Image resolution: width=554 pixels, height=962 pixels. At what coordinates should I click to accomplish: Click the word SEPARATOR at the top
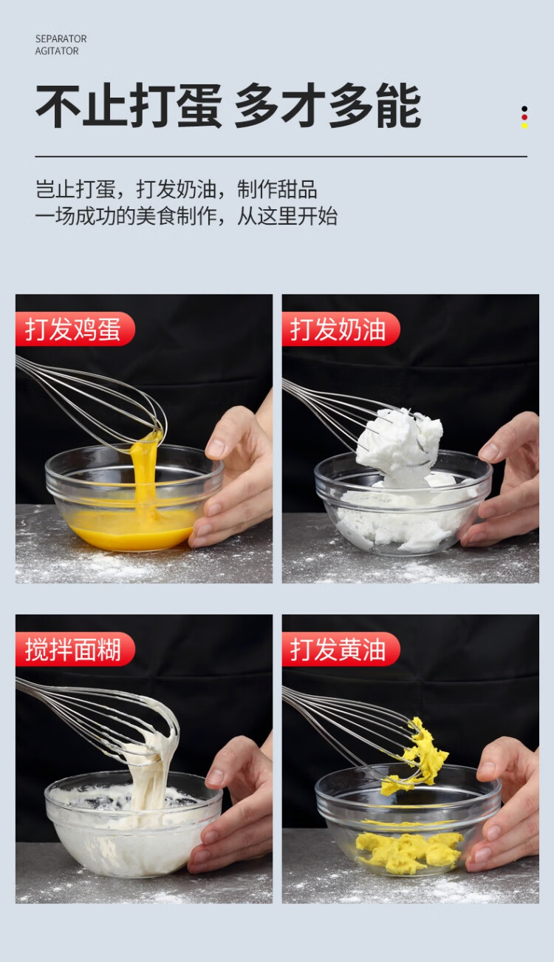click(x=61, y=38)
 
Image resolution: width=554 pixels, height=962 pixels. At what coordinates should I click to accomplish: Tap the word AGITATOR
click(x=57, y=51)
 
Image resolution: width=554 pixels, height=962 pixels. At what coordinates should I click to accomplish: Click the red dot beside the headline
click(x=524, y=118)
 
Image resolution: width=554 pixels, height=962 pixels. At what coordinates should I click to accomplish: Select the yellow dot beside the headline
click(x=524, y=126)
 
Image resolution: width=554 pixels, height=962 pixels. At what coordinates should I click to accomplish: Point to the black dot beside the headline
click(x=524, y=109)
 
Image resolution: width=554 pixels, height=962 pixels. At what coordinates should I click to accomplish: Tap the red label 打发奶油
click(x=341, y=329)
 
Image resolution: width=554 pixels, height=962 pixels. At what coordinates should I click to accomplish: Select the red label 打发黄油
click(x=341, y=649)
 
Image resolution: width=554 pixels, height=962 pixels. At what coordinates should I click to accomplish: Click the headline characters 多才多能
click(x=327, y=106)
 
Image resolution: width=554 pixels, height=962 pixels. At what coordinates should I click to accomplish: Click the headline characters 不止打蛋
click(x=129, y=106)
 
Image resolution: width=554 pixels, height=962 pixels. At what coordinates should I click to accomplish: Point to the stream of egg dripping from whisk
click(x=144, y=472)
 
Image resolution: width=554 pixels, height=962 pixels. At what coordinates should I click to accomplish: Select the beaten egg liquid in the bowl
click(x=133, y=530)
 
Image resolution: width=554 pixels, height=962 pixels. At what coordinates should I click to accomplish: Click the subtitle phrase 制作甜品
click(x=277, y=189)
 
